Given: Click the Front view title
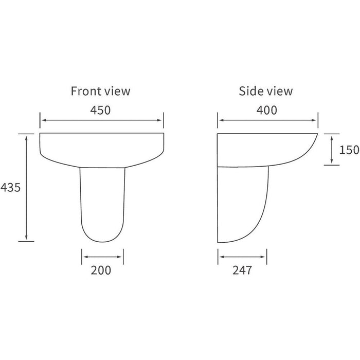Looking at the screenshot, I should click(100, 92).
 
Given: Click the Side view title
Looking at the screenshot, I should click(265, 92).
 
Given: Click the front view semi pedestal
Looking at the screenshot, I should click(103, 203).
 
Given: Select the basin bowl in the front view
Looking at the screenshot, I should click(102, 147).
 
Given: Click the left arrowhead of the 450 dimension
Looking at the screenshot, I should click(43, 121).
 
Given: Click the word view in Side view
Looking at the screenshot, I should click(280, 92).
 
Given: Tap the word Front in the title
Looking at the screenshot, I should click(85, 92).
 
